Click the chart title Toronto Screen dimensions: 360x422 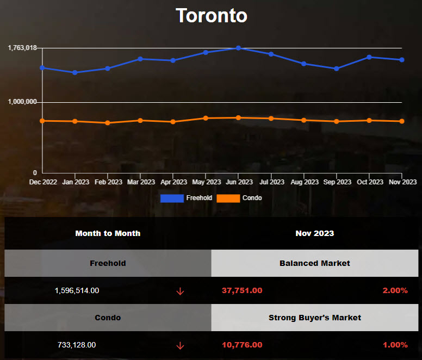point(211,15)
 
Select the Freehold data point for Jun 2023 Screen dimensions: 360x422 point(238,48)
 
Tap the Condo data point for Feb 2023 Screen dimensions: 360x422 point(108,123)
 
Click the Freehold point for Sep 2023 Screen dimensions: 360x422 point(336,69)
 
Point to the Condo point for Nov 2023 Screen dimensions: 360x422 point(401,121)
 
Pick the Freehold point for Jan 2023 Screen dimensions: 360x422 point(75,72)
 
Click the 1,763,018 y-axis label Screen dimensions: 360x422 point(22,48)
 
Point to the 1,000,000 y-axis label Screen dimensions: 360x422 point(22,102)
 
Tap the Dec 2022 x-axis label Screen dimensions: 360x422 point(43,182)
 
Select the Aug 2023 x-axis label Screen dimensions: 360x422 point(303,182)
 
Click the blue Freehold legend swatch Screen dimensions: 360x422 point(172,198)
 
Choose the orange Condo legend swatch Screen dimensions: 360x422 point(228,198)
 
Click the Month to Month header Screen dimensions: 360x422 point(108,233)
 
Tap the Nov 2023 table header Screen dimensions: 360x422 point(315,233)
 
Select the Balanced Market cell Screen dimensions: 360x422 point(315,263)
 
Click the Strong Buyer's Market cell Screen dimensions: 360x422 point(315,318)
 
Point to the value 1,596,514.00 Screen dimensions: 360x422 point(77,290)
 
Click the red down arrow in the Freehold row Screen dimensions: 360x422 point(180,291)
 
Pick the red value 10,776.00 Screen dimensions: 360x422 point(242,345)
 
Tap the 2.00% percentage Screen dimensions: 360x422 point(395,290)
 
